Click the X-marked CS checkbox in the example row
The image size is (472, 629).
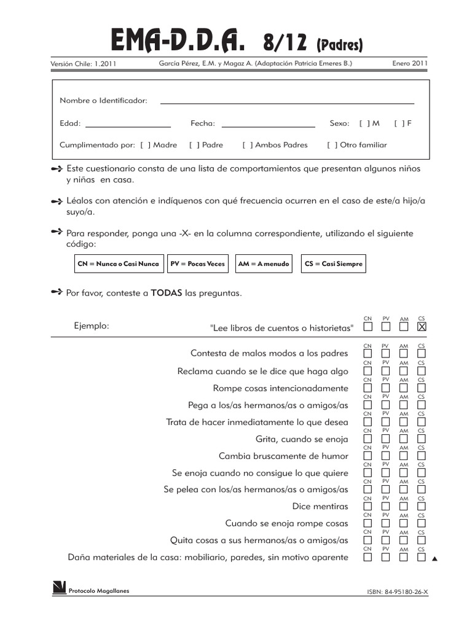421,327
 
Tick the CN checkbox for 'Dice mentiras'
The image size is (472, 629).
368,507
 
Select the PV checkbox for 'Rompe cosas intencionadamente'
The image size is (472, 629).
385,388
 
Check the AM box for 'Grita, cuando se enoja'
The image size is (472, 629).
404,439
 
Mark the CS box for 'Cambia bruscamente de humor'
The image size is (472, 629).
421,456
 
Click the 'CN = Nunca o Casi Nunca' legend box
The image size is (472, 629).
118,264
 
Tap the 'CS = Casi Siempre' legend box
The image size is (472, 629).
333,264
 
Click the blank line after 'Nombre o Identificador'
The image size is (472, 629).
286,102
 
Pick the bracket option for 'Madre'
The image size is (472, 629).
146,145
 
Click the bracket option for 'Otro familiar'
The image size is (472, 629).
332,145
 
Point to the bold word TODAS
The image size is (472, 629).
166,293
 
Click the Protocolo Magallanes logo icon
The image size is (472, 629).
59,588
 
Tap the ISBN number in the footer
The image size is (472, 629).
396,592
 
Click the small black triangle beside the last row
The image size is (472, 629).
435,559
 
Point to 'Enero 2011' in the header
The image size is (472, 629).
410,63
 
